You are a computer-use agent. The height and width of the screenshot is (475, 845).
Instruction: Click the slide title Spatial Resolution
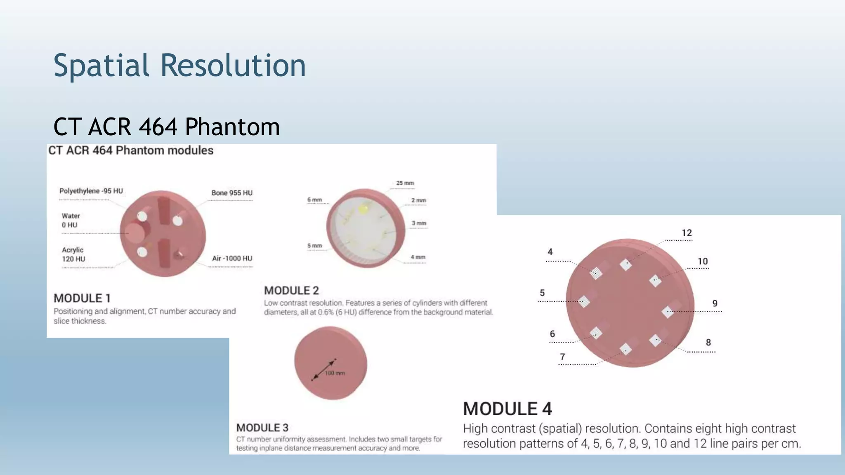[179, 66]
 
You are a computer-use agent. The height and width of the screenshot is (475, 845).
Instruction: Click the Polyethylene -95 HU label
[91, 191]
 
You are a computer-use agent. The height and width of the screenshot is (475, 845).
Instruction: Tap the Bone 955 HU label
[232, 193]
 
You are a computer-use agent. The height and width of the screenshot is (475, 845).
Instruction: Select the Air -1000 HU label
[232, 259]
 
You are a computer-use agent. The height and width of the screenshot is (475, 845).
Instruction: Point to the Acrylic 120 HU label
[73, 254]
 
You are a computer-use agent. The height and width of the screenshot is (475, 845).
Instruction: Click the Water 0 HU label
[71, 220]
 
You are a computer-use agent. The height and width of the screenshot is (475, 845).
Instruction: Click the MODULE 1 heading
[82, 298]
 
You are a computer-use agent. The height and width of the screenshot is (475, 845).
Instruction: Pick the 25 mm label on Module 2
[405, 183]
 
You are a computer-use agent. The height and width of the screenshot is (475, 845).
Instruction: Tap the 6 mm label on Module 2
[314, 200]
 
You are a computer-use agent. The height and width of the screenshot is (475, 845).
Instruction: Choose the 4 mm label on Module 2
[418, 257]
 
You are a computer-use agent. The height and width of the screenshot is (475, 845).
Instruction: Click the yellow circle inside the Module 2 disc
[363, 209]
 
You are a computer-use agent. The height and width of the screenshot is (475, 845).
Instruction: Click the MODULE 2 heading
[291, 291]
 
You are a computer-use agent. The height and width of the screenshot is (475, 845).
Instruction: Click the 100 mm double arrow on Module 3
[323, 369]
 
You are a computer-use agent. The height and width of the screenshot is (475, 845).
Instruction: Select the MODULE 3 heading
[262, 428]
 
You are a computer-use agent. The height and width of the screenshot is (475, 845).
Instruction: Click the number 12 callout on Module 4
[687, 233]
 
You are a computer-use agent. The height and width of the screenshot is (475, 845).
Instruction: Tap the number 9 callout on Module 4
[715, 303]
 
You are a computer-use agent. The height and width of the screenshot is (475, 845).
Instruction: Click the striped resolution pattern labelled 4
[596, 273]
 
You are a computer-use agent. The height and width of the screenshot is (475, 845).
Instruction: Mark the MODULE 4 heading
[507, 409]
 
